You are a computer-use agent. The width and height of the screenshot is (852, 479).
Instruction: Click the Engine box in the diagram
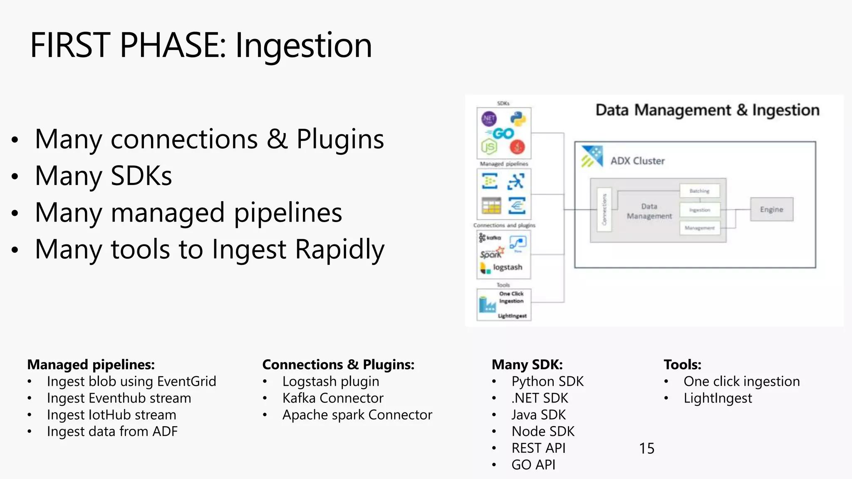pos(771,209)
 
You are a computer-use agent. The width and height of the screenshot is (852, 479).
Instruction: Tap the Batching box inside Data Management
pos(699,191)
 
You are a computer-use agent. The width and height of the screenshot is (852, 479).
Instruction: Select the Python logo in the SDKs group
pos(518,119)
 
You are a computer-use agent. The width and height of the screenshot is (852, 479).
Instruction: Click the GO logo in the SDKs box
pos(503,133)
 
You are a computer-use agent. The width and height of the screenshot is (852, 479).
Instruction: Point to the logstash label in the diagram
pos(508,267)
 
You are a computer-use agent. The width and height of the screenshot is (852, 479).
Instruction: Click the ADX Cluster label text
pos(637,161)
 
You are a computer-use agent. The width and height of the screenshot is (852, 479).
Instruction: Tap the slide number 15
pos(646,448)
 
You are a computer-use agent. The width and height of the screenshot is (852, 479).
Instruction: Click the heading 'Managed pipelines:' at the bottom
pos(91,365)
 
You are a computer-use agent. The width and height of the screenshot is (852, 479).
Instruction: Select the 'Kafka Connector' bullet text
pos(332,398)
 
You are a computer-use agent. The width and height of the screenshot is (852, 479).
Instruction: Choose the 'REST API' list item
pos(538,448)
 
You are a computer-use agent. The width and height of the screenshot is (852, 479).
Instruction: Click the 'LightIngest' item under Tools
pos(718,398)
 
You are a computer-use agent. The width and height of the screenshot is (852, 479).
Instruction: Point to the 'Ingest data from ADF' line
pos(112,431)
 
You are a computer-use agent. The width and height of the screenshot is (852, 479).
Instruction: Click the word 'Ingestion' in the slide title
pos(304,46)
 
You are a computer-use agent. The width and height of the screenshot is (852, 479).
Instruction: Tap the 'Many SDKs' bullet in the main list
pos(103,175)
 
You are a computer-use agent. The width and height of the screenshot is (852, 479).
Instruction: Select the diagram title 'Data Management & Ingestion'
pos(707,110)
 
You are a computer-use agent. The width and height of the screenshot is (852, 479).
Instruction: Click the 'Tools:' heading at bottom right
pos(682,365)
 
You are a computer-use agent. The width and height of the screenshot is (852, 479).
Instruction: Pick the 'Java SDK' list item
pos(538,415)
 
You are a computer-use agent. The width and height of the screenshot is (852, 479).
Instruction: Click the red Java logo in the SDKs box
pos(518,146)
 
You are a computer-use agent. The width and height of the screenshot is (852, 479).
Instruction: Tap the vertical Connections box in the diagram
pos(604,210)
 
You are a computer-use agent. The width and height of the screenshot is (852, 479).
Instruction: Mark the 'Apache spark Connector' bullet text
pos(357,415)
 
